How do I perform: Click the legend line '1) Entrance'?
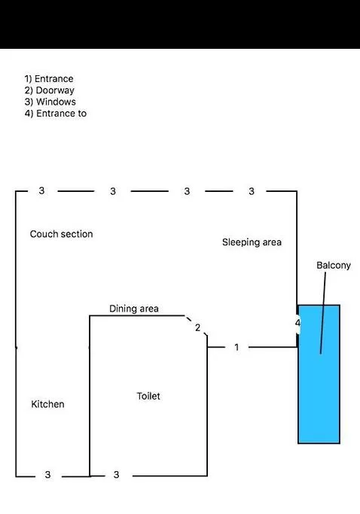tap(49, 79)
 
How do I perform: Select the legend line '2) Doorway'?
tap(50, 90)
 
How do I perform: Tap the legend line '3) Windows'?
tap(50, 102)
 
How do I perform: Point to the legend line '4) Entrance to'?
tap(56, 114)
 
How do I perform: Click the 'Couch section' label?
tap(61, 234)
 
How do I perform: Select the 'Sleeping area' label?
tap(252, 242)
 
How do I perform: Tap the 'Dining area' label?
tap(134, 309)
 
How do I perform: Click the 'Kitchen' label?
tap(47, 404)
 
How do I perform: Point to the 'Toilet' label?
tap(148, 396)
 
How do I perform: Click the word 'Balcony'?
tap(334, 265)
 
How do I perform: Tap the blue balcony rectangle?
tap(319, 374)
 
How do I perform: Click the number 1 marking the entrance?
tap(236, 347)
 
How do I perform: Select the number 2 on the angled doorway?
tap(197, 327)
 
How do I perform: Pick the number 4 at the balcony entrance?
tap(297, 323)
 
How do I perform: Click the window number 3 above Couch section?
tap(41, 190)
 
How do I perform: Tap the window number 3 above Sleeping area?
tap(252, 191)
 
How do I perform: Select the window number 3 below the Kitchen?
tap(48, 475)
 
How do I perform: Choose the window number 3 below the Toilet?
tap(116, 475)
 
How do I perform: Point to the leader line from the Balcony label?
tap(323, 313)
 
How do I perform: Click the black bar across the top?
tap(180, 24)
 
